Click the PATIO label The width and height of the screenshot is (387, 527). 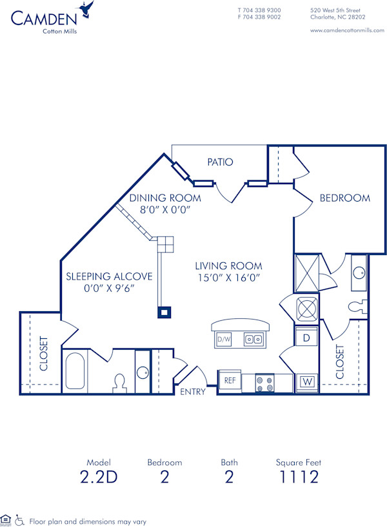click(x=220, y=162)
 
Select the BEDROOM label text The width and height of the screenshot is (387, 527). click(x=345, y=198)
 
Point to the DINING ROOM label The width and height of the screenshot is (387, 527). click(x=165, y=198)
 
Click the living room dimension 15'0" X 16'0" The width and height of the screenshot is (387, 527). click(x=229, y=278)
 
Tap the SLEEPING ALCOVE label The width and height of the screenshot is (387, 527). click(x=109, y=276)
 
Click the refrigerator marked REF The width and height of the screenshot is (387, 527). click(x=230, y=381)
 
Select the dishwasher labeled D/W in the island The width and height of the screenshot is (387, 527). click(x=223, y=339)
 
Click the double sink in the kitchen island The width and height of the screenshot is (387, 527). click(x=252, y=339)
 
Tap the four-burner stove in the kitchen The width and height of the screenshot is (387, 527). click(x=264, y=384)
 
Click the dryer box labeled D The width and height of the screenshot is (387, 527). click(x=307, y=337)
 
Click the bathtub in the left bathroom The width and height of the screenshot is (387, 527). click(x=75, y=372)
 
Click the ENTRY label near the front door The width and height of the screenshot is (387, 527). click(x=193, y=392)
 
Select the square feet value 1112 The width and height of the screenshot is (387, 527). click(x=298, y=477)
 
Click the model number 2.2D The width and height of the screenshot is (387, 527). click(x=99, y=477)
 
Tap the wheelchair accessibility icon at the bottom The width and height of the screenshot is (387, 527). click(x=19, y=520)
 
